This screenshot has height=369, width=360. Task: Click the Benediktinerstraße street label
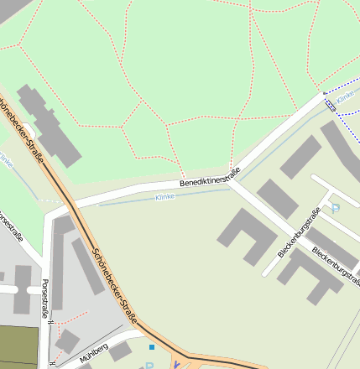pyautogui.click(x=210, y=178)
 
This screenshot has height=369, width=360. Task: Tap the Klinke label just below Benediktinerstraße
pyautogui.click(x=165, y=197)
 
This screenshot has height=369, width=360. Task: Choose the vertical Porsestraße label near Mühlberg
pyautogui.click(x=45, y=298)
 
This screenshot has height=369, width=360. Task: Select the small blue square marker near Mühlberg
pyautogui.click(x=152, y=346)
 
